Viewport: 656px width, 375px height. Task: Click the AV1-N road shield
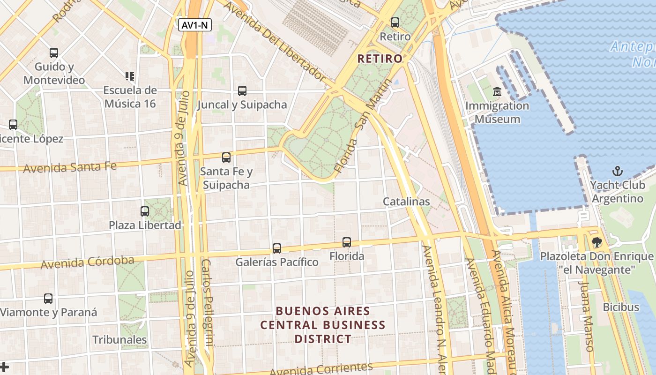[x=195, y=25]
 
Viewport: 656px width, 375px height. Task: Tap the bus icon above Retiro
[x=395, y=22]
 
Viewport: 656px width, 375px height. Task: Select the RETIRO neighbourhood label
[x=380, y=59]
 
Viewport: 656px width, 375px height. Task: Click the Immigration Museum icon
[x=497, y=91]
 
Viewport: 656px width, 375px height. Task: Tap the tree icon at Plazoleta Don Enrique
[x=596, y=242]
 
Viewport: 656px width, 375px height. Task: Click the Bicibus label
[x=621, y=307]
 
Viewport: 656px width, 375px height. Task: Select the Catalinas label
[x=406, y=202]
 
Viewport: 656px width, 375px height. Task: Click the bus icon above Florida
[x=347, y=242]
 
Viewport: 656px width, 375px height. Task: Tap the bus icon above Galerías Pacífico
[x=277, y=248]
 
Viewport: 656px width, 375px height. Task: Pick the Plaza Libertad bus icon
[x=145, y=211]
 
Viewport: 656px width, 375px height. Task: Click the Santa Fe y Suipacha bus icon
[x=226, y=157]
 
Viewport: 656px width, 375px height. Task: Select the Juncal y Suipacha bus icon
[x=242, y=91]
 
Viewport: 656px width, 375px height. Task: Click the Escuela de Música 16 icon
[x=130, y=76]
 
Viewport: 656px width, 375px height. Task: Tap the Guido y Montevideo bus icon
[x=54, y=53]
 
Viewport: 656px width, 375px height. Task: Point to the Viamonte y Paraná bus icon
[x=48, y=299]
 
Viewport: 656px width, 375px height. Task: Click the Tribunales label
[x=119, y=339]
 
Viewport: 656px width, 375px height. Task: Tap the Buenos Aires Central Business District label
[x=323, y=324]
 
